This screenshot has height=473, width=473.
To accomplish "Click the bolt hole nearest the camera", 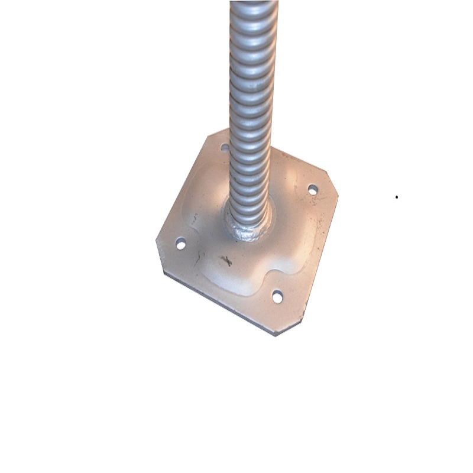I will [x=277, y=296].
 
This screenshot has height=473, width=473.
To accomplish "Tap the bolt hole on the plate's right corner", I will [x=313, y=190].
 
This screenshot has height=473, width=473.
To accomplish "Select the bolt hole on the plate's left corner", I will [x=181, y=243].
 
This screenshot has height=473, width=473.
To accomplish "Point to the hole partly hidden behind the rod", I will [x=225, y=146].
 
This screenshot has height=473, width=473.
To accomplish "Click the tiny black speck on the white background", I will [x=396, y=197].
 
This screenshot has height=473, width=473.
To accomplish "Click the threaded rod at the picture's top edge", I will [x=253, y=5].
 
